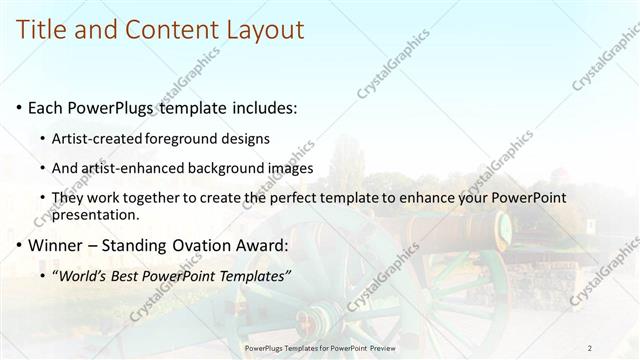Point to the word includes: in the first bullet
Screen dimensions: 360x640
click(x=262, y=107)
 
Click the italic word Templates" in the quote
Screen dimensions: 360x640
click(x=258, y=275)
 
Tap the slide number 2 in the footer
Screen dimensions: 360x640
click(x=589, y=348)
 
